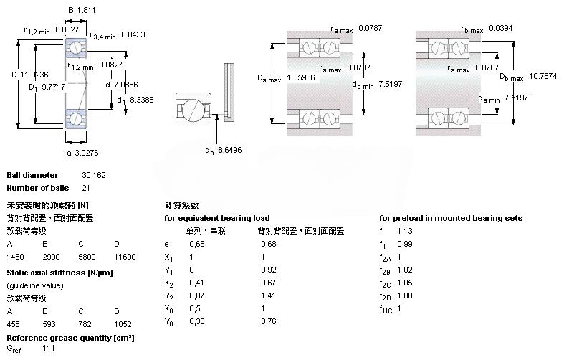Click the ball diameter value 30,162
click(x=95, y=175)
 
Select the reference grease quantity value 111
click(x=49, y=348)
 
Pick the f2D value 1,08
click(x=404, y=295)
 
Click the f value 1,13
click(x=404, y=231)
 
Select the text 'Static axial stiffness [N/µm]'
click(x=59, y=273)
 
